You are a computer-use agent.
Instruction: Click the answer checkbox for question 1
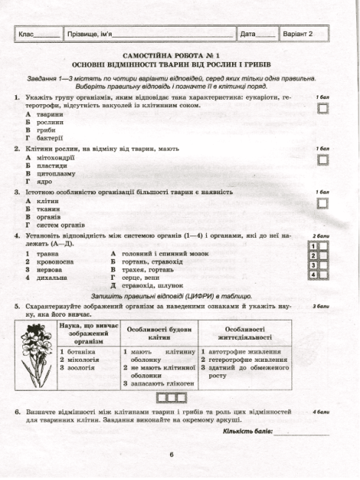322,109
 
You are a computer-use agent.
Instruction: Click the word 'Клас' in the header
26,34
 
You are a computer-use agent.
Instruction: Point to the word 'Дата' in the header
248,34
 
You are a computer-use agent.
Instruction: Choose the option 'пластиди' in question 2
51,165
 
